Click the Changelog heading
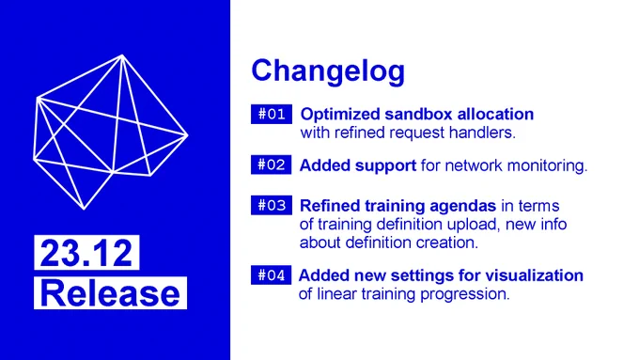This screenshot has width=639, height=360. click(328, 71)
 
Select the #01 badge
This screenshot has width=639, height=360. click(272, 114)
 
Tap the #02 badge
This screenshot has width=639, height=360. click(272, 164)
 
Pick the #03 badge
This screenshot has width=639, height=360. click(272, 205)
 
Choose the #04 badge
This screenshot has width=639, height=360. click(272, 274)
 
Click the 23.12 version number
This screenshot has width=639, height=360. click(86, 253)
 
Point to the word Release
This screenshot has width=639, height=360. click(110, 293)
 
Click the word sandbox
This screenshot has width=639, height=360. click(418, 114)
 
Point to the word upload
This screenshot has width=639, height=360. click(473, 225)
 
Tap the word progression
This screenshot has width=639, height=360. click(464, 294)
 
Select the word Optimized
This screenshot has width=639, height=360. click(340, 115)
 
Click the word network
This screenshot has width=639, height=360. click(474, 165)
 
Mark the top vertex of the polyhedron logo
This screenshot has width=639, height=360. click(122, 55)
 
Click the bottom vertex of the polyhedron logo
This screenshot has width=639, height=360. click(84, 210)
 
